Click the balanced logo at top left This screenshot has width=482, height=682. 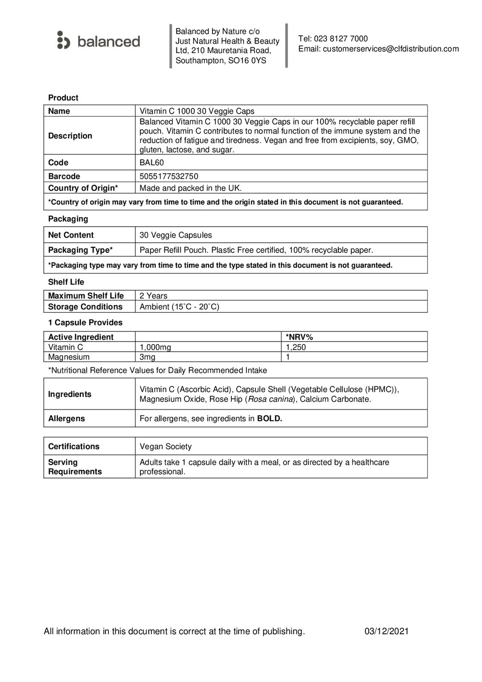pyautogui.click(x=99, y=41)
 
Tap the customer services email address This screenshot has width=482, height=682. pyautogui.click(x=390, y=49)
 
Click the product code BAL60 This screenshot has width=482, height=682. pyautogui.click(x=151, y=163)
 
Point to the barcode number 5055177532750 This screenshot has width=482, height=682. pyautogui.click(x=169, y=177)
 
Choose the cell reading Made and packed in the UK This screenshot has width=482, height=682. pyautogui.click(x=190, y=188)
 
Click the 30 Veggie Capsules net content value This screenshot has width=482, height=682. pyautogui.click(x=175, y=235)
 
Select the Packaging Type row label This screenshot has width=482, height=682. pyautogui.click(x=80, y=250)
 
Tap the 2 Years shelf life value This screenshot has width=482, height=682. pyautogui.click(x=153, y=296)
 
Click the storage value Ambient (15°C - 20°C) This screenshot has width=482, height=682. pyautogui.click(x=179, y=307)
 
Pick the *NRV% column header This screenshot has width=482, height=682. pyautogui.click(x=299, y=337)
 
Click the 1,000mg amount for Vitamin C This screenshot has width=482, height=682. pyautogui.click(x=155, y=347)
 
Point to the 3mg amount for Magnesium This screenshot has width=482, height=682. pyautogui.click(x=147, y=357)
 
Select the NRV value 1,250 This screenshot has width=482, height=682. pyautogui.click(x=295, y=347)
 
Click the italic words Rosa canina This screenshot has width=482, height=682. pyautogui.click(x=270, y=399)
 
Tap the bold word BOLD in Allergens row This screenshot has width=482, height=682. pyautogui.click(x=269, y=419)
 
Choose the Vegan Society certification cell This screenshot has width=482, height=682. pyautogui.click(x=165, y=447)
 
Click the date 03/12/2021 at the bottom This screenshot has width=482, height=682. pyautogui.click(x=387, y=631)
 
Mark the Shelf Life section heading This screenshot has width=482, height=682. pyautogui.click(x=66, y=282)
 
